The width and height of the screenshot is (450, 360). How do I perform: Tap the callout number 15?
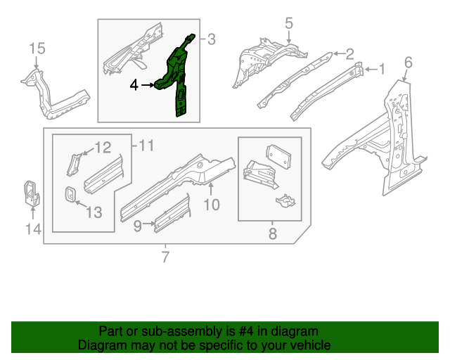[x=37, y=48]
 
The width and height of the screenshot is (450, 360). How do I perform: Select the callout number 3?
[x=211, y=39]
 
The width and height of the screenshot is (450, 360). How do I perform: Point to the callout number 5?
[x=288, y=24]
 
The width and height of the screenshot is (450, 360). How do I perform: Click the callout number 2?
[x=349, y=53]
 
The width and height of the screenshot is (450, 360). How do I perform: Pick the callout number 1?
[x=382, y=69]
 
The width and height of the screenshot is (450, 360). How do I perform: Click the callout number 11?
[x=146, y=146]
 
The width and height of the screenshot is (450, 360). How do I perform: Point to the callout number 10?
[x=212, y=205]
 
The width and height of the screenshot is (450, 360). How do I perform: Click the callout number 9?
[x=139, y=225]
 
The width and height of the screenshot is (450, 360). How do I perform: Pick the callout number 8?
[x=273, y=233]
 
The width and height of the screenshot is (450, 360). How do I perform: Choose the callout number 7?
[x=165, y=257]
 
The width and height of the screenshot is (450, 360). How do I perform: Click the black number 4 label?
[x=134, y=85]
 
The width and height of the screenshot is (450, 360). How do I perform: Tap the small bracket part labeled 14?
[x=31, y=193]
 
